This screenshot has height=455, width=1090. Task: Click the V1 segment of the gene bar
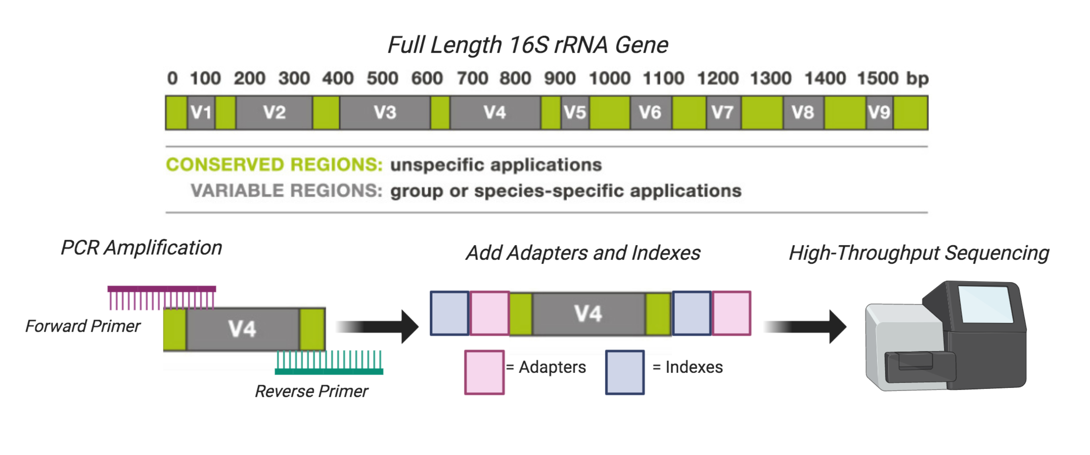point(201,112)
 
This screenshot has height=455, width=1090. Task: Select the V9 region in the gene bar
point(879,112)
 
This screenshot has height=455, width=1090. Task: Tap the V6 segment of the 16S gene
point(650,112)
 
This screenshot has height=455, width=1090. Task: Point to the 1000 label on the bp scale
point(610,78)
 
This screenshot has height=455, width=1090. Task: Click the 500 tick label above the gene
point(382,78)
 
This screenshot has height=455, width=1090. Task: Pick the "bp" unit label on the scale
point(917,78)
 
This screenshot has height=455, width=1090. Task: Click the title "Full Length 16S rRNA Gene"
point(527,45)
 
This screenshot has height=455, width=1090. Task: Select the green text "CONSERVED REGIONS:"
point(274,165)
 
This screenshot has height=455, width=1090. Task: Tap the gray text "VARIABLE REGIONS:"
point(287,191)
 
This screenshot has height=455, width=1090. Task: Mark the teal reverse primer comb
point(329,363)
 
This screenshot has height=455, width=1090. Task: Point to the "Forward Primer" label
point(83,326)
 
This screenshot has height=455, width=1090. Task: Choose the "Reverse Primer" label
point(311,391)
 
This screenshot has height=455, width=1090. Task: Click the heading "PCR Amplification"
point(141,248)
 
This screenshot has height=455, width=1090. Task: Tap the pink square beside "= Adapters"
point(484,372)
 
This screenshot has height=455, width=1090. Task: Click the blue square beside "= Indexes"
point(625,372)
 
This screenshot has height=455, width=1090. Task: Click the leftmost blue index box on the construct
point(449,313)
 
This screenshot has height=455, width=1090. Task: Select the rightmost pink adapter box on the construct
point(732,313)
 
